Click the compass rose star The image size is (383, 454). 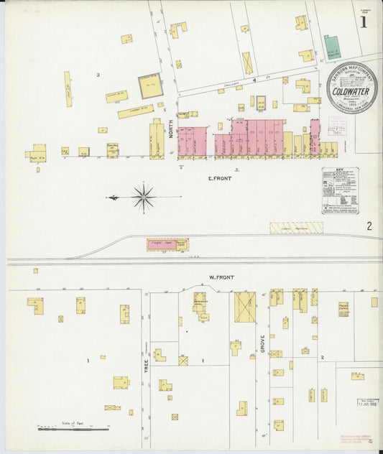[144, 195]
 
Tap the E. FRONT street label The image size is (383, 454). [219, 178]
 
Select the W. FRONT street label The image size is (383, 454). [218, 276]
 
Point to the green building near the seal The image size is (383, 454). [332, 47]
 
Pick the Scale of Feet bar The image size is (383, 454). [73, 429]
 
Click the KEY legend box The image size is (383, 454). [339, 190]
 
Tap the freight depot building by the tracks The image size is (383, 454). [167, 245]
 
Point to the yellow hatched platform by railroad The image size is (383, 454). [296, 227]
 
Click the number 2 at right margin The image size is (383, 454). [369, 226]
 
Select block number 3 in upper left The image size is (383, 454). [98, 74]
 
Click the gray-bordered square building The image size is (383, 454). [151, 86]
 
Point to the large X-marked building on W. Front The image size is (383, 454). [245, 307]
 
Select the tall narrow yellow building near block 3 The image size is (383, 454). [68, 89]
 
